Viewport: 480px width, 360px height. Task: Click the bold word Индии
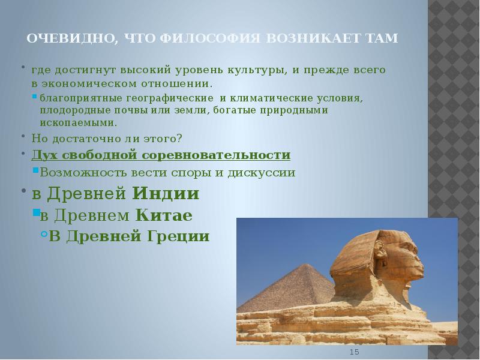[166, 193]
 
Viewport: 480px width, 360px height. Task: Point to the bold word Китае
[164, 215]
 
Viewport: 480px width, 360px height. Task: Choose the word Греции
[178, 236]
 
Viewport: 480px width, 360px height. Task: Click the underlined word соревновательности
[216, 155]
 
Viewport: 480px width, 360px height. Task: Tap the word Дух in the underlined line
[46, 155]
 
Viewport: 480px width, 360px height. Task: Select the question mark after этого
[179, 139]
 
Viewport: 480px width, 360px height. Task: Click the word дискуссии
[262, 173]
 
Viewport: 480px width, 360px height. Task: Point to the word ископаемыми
[79, 123]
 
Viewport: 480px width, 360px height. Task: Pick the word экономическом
[89, 83]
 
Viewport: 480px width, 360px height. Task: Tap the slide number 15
[354, 352]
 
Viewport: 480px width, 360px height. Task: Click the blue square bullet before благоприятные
[35, 97]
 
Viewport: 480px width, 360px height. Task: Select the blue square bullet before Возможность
[35, 170]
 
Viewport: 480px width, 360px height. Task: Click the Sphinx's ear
[379, 247]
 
